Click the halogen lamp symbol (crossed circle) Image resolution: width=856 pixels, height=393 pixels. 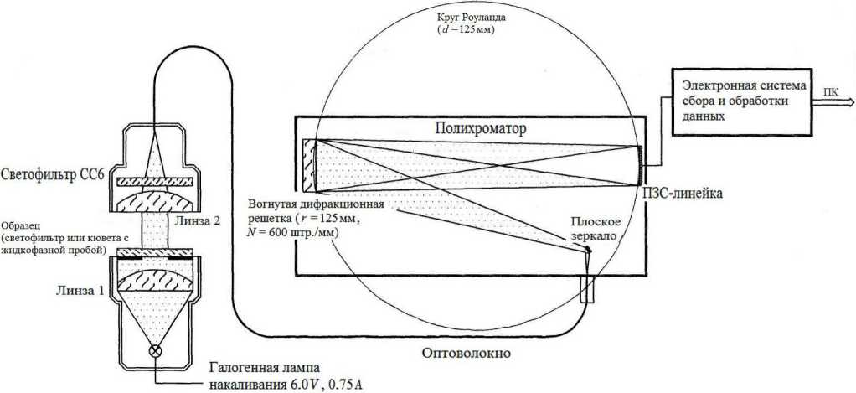154,351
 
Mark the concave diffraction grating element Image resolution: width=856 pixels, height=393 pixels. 309,163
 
